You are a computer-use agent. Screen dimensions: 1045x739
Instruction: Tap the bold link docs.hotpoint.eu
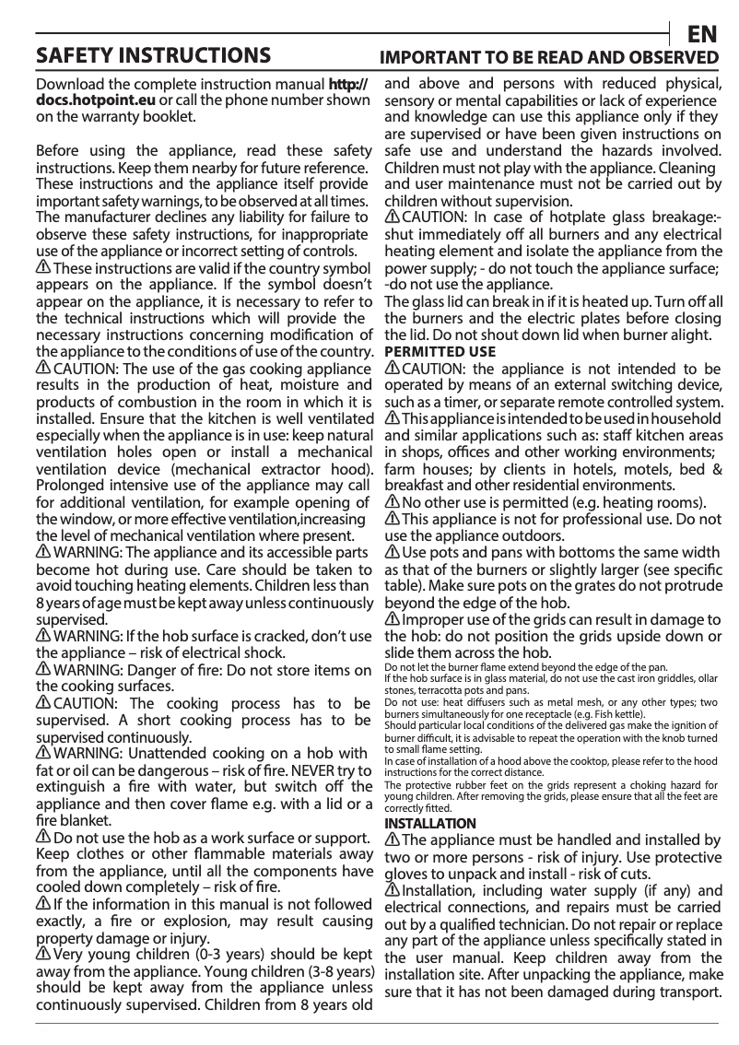coord(96,100)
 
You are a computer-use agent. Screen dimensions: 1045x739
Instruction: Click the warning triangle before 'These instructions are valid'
coord(42,267)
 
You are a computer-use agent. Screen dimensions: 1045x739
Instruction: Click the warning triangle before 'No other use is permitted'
coord(392,502)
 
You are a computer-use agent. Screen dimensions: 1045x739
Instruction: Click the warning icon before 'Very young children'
coord(42,954)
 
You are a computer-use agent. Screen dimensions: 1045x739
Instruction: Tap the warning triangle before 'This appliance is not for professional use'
coord(392,520)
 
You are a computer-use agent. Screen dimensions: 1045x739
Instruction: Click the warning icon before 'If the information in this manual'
coord(42,904)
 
